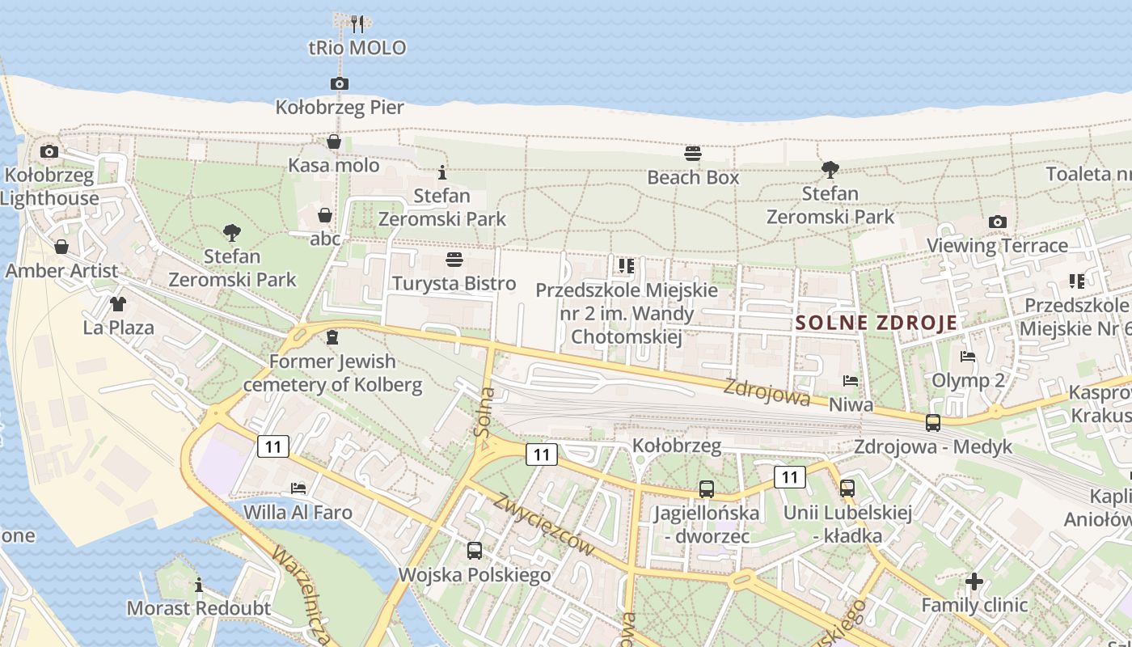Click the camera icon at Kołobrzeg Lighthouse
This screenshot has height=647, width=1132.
coord(49,151)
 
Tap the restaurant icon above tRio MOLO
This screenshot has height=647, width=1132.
coord(358,23)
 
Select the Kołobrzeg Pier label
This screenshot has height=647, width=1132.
coord(340,107)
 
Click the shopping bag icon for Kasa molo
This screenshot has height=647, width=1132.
coord(334,142)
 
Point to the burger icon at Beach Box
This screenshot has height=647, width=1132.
coord(693,154)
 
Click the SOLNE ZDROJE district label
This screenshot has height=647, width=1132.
coord(876,323)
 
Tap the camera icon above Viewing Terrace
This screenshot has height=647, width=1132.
coord(998,222)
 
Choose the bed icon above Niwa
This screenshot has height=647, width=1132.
coord(850,380)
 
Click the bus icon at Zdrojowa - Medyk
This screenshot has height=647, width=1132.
coord(933,422)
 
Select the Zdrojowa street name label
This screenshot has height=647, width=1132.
coord(767,392)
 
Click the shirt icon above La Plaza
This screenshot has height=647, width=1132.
coord(118,304)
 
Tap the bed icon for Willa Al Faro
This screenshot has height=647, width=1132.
coord(298,488)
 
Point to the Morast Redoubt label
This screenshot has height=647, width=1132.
coord(199,608)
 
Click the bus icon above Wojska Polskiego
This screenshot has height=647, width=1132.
coord(475,551)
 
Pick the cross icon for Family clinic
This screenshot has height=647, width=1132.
coord(974,581)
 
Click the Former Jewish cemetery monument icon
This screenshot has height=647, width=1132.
coord(332,337)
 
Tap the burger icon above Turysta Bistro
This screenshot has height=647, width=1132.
coord(454,260)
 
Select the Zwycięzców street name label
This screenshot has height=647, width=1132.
coord(543,523)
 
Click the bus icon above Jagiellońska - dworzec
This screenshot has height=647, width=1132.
coord(707,488)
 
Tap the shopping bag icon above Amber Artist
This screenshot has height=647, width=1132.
coord(61,247)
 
